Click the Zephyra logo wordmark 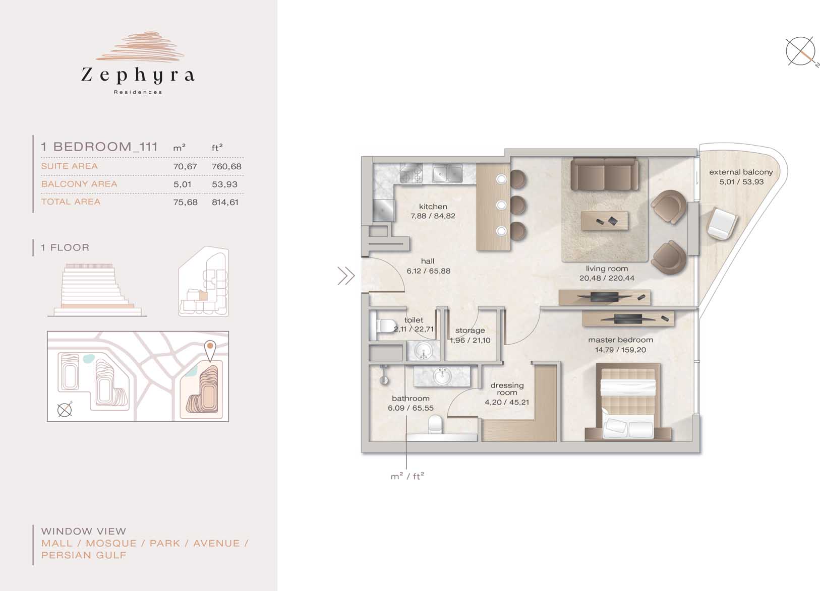click(x=138, y=75)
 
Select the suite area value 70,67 click(x=185, y=167)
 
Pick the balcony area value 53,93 click(x=224, y=184)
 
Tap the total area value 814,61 click(x=225, y=202)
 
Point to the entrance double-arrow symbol click(x=346, y=276)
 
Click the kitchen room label click(x=433, y=207)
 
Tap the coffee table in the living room click(x=604, y=221)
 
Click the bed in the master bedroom click(x=628, y=402)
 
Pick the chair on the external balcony click(x=722, y=223)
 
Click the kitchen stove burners click(x=411, y=173)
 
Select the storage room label click(x=470, y=330)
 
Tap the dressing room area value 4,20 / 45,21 click(x=507, y=402)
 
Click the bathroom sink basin click(x=442, y=377)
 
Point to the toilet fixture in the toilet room click(x=383, y=325)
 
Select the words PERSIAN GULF click(x=84, y=555)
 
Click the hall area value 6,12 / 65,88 click(x=428, y=271)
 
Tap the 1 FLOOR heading click(x=65, y=247)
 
